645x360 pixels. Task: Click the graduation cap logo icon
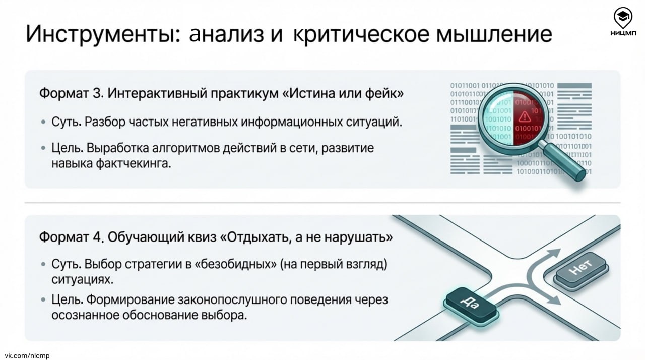[x=623, y=18]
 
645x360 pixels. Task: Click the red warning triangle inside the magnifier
[x=525, y=117]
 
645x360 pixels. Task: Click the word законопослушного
[x=237, y=300]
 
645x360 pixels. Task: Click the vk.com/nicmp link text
[x=25, y=355]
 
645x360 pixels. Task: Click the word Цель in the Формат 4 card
[x=67, y=300]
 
